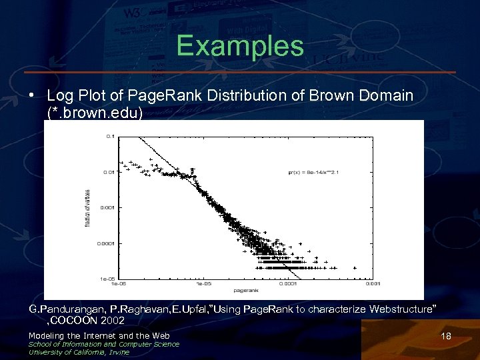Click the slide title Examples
point(240,46)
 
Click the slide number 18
point(446,337)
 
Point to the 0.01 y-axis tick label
point(108,171)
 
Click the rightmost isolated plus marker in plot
point(355,268)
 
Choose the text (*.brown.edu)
point(95,113)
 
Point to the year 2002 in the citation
point(111,321)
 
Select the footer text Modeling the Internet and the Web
point(99,335)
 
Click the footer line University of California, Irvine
point(79,352)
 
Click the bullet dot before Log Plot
point(32,96)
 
